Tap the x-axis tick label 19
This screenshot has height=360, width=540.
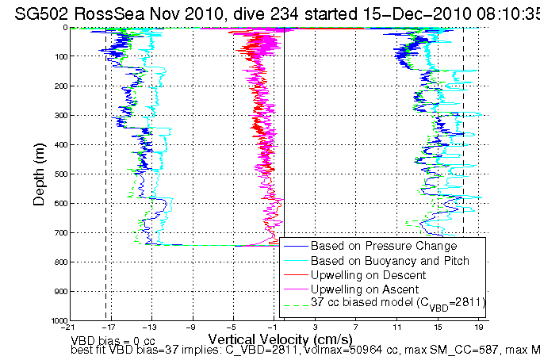click(479, 327)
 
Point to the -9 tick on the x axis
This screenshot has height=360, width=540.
click(191, 327)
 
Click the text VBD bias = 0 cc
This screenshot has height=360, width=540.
click(113, 339)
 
